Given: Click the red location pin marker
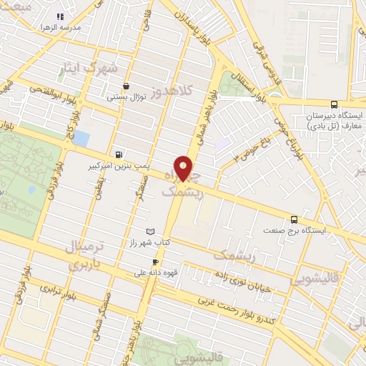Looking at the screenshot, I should click(x=184, y=168).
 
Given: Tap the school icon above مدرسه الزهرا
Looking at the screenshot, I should click(x=61, y=16).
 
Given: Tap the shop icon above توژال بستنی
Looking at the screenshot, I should click(x=127, y=86).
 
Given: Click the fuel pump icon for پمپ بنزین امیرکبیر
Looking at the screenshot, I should click(x=118, y=154).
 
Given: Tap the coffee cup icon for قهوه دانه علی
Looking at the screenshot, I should click(x=156, y=262).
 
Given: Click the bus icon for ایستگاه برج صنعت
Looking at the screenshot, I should click(x=294, y=219).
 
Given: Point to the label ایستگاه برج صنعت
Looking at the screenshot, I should click(x=294, y=231).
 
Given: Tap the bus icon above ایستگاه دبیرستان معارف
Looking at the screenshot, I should click(x=333, y=104).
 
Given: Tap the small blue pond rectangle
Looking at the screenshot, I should click(x=81, y=138).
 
